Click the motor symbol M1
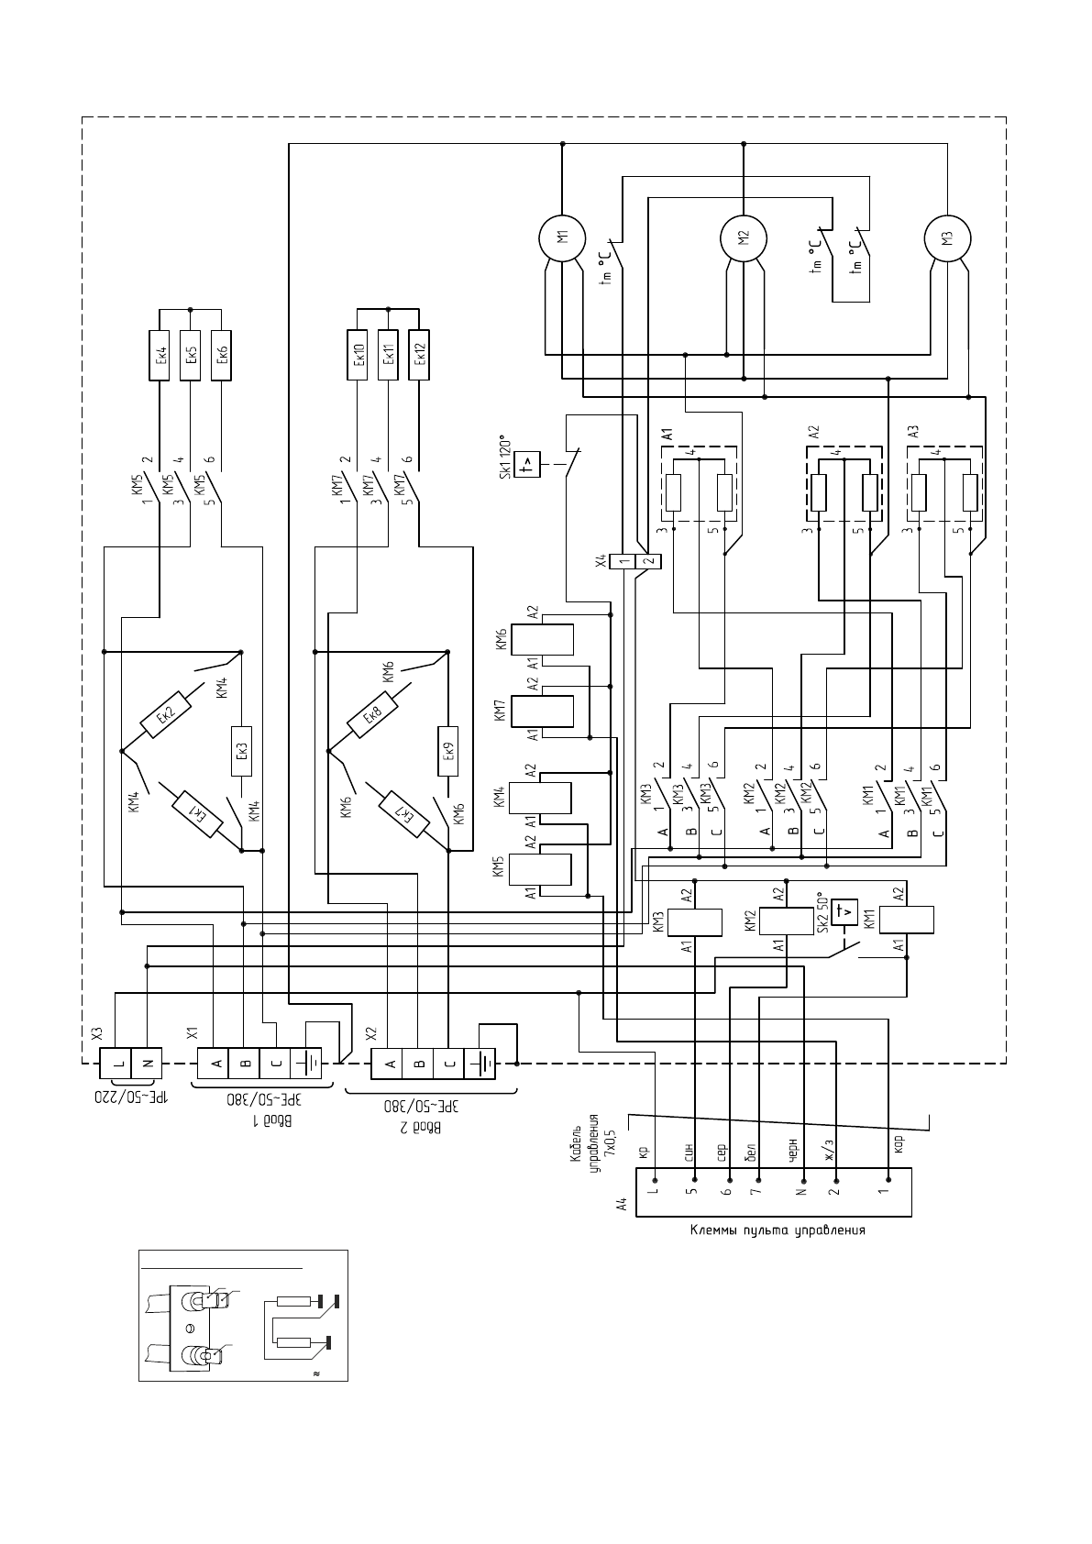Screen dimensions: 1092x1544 click(562, 237)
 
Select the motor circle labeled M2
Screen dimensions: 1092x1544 click(744, 238)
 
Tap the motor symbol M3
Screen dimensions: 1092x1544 click(947, 238)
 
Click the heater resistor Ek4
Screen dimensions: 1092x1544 click(160, 356)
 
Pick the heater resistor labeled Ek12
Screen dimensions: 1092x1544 click(418, 356)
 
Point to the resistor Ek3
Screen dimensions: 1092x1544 click(241, 751)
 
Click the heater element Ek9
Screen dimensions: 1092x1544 click(448, 751)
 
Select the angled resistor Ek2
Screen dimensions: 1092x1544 click(165, 715)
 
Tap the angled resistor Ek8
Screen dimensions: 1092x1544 click(372, 715)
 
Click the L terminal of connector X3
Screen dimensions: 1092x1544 click(116, 1064)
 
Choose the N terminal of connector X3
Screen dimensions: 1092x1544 click(146, 1064)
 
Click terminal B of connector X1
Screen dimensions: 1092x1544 click(244, 1064)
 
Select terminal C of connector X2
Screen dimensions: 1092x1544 click(448, 1064)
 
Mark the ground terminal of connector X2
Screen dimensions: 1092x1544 click(480, 1064)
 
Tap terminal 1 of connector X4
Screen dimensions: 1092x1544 click(623, 561)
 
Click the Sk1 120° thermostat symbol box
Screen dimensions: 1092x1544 click(527, 464)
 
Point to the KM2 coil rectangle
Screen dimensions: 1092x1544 click(787, 921)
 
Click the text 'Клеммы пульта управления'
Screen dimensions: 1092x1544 click(778, 1230)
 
